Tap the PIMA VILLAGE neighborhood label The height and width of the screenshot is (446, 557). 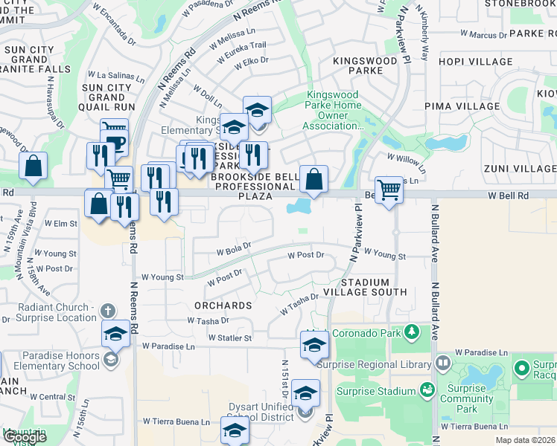click(x=462, y=106)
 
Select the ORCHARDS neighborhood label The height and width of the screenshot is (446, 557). click(x=223, y=306)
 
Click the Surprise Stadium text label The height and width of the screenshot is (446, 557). click(x=376, y=391)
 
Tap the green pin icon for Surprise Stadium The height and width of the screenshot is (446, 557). click(x=427, y=389)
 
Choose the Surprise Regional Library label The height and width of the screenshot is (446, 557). click(x=374, y=364)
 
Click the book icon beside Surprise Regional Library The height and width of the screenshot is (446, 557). click(x=443, y=363)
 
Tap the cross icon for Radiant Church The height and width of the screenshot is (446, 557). click(x=108, y=310)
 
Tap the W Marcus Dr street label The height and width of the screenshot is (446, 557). click(x=484, y=34)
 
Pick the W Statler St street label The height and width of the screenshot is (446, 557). click(x=231, y=337)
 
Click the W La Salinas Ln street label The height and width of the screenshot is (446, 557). click(x=115, y=75)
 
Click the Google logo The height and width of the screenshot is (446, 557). click(x=24, y=437)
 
